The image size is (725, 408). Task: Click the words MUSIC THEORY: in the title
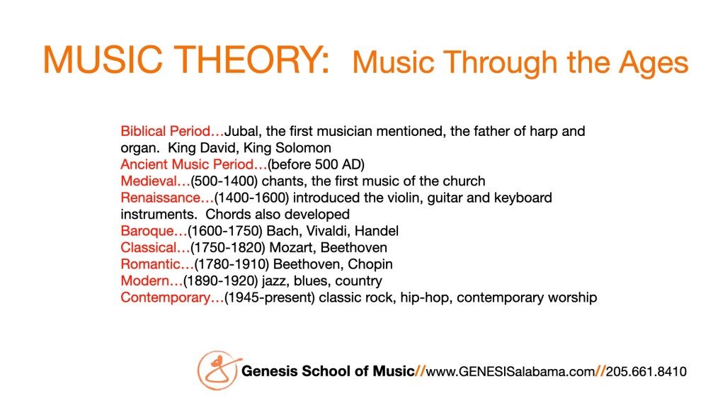click(186, 59)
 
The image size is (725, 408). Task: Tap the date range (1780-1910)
click(232, 264)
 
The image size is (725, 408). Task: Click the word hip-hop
click(425, 298)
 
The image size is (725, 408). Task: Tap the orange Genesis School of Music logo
click(219, 370)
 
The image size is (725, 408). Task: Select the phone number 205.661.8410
click(646, 371)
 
